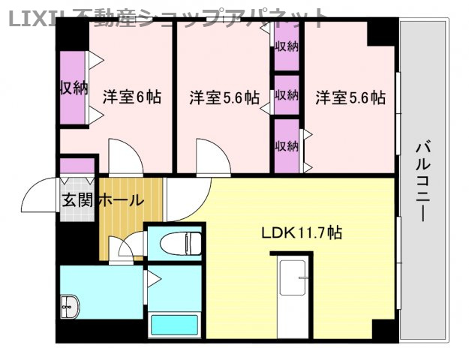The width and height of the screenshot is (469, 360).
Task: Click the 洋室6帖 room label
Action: coord(132,97)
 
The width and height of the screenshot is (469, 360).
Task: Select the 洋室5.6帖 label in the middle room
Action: coord(224,97)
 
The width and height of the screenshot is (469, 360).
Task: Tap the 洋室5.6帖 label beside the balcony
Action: coord(350,97)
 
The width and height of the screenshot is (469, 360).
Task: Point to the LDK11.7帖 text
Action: coord(301,232)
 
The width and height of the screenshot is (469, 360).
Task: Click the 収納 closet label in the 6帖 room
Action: coord(73,88)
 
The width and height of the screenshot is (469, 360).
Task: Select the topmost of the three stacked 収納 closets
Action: coord(287,46)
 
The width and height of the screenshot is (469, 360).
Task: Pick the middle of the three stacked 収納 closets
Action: coord(287,95)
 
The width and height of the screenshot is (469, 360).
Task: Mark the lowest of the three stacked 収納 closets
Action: coord(287,145)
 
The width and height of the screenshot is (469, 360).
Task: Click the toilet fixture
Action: coord(179,242)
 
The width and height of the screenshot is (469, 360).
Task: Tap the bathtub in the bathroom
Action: coord(173,325)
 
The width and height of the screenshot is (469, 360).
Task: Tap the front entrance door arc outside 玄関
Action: coord(39,197)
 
